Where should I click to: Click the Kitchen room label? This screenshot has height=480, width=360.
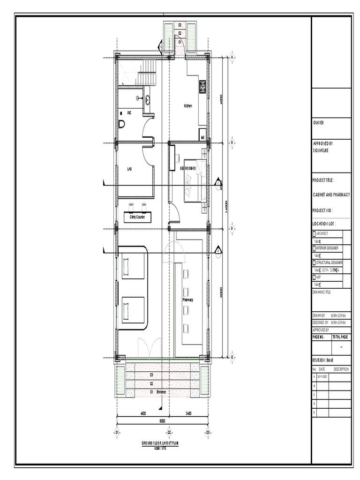coord(188,106)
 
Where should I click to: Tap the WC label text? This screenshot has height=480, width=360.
coord(129,113)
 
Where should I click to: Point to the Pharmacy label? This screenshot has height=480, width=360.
coord(188,300)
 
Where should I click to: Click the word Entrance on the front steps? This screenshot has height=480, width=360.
coord(161,392)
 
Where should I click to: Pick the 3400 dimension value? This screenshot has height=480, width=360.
coord(187,414)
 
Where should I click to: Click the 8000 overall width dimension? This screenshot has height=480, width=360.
coord(162,421)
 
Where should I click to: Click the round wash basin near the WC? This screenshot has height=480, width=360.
coord(148,98)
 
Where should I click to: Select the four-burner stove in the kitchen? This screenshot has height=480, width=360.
coord(202,87)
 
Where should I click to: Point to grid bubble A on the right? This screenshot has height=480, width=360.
coord(232,57)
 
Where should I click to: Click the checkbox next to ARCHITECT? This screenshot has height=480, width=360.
coord(315,233)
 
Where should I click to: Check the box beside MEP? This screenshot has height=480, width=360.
coord(315,277)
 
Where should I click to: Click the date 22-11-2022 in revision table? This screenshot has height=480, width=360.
coord(323,376)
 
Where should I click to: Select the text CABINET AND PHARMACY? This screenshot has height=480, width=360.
coord(331,195)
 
